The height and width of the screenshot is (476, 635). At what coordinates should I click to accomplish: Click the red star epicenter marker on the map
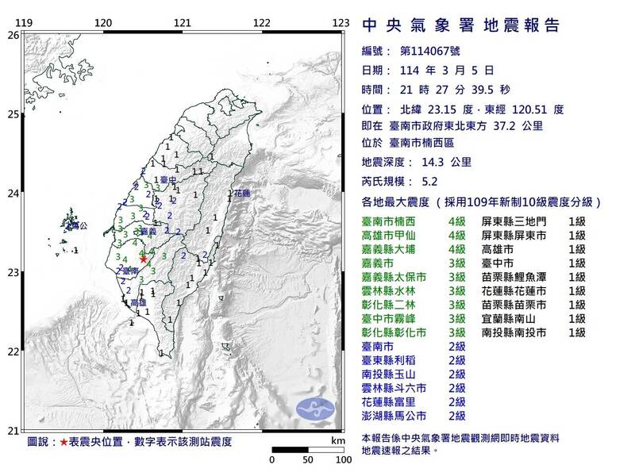[143, 259]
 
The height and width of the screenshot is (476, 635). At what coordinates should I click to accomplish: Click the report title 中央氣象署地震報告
[460, 25]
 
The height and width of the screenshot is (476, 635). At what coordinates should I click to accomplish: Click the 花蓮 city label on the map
[241, 193]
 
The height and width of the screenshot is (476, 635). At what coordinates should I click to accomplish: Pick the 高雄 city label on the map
[137, 303]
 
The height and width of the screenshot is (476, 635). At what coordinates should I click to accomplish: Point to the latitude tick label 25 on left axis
[13, 114]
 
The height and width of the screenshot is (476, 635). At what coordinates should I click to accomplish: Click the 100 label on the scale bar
[344, 459]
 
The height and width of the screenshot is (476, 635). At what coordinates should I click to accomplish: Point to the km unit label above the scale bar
[337, 439]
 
